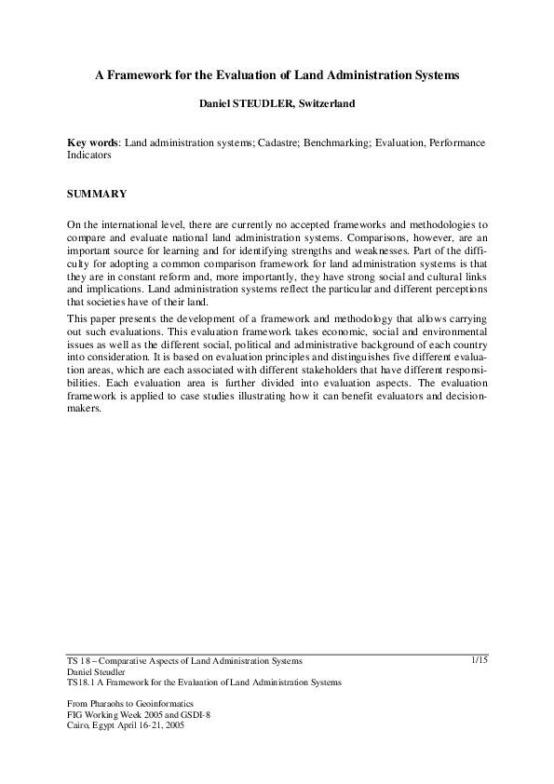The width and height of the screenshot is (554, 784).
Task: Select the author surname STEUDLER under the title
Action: click(x=267, y=105)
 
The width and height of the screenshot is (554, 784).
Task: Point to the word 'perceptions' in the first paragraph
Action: click(x=456, y=289)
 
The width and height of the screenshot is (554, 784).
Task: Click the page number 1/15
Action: click(x=480, y=660)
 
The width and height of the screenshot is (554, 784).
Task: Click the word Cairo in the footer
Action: click(x=80, y=725)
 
